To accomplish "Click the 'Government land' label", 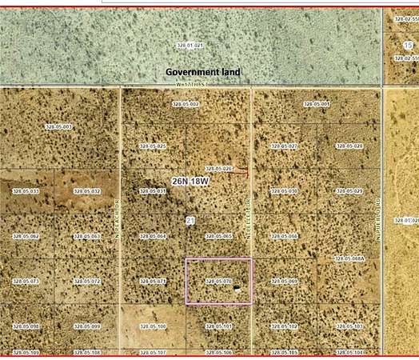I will coord(202,72).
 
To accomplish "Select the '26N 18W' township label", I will coord(191,182).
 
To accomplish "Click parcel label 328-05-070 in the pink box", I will coord(218,282).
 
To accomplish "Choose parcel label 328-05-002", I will coord(186,105).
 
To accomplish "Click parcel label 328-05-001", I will coord(317,105).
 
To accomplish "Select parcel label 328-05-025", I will coord(153,146).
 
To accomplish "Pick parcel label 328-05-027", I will coord(284,146).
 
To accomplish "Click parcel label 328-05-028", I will coord(349,146).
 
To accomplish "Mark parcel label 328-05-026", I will coord(218,169).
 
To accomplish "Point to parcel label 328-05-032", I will coord(87,192).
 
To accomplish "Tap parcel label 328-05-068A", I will coord(349,259).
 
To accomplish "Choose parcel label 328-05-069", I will coord(284,282).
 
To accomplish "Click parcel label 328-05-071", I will coord(153,282).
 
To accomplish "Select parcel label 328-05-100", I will coord(153,326).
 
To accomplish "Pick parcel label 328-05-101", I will coord(218,326).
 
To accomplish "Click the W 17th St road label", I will coord(193,83).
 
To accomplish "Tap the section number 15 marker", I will coord(409,45).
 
